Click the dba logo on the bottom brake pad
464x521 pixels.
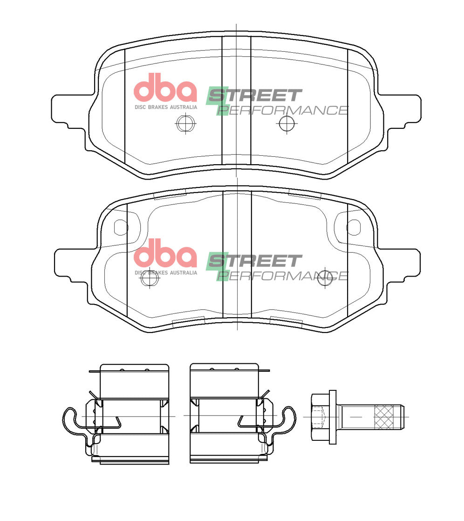(165, 254)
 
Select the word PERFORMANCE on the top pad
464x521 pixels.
(283, 111)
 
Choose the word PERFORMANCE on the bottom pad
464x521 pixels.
(283, 276)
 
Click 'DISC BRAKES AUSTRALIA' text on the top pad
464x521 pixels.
(165, 107)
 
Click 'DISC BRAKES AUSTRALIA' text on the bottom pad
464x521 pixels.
(165, 272)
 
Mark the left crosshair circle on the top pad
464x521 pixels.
(185, 124)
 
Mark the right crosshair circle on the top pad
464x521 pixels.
(287, 124)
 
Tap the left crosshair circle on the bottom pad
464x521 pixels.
(150, 278)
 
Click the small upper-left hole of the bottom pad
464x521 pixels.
(120, 227)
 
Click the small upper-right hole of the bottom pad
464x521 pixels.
(353, 227)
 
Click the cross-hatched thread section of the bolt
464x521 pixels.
(387, 417)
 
